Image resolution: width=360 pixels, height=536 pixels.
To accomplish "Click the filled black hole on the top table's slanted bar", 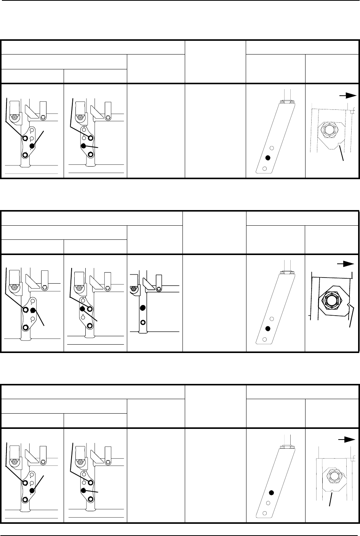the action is click(x=268, y=158).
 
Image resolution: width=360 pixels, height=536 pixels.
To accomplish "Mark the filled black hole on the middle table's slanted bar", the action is click(x=268, y=329).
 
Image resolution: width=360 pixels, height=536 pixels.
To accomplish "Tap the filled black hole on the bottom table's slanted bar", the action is click(x=271, y=493).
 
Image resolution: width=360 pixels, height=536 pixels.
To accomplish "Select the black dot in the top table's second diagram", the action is click(x=83, y=146).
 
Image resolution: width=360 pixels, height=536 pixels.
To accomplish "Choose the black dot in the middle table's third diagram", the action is click(x=142, y=308).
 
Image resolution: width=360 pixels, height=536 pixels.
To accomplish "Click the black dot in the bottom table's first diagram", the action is click(x=32, y=491).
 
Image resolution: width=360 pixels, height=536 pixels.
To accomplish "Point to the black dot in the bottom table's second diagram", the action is click(x=83, y=491).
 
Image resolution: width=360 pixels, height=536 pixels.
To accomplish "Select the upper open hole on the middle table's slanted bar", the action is click(x=272, y=319).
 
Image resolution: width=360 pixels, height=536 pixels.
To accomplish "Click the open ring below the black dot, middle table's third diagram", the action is click(x=142, y=321).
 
